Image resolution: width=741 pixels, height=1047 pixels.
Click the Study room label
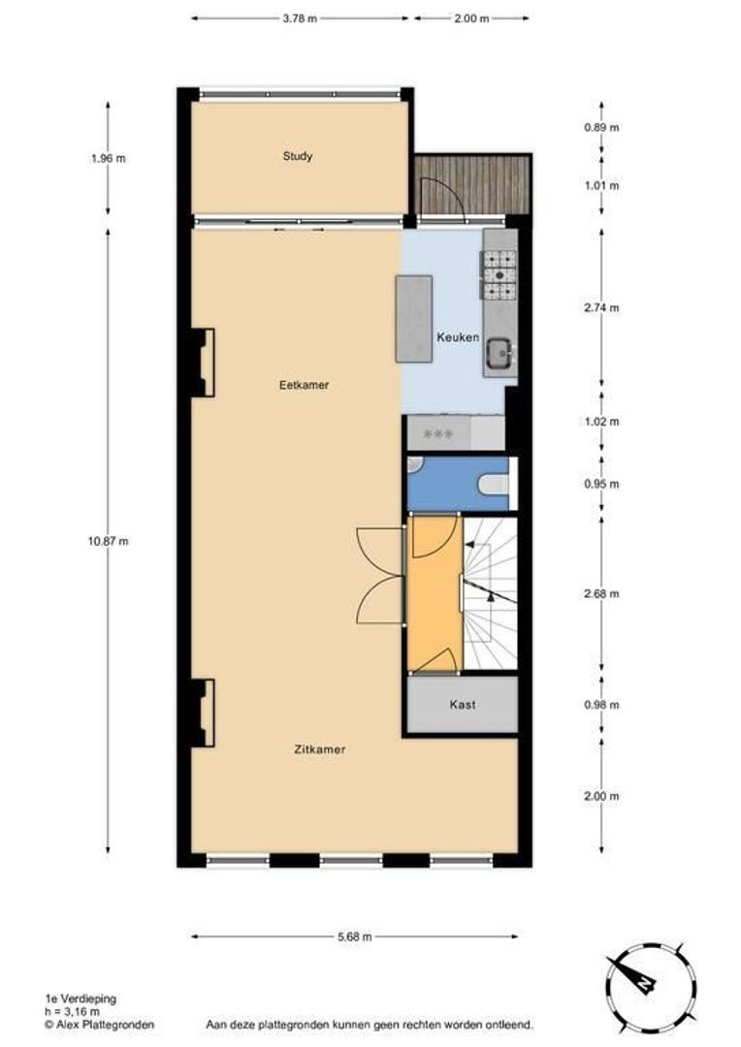(298, 156)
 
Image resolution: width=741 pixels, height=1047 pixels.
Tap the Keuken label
(457, 337)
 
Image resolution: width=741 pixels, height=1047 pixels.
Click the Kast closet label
(462, 705)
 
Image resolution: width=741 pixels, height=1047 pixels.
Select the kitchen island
(413, 318)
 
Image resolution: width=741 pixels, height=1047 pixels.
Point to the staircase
(490, 592)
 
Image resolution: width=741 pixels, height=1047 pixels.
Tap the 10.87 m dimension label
(108, 541)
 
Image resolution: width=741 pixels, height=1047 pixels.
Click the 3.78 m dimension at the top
(299, 18)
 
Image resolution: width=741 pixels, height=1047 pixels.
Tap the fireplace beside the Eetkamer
(203, 362)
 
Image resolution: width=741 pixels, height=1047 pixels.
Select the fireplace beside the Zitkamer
(203, 712)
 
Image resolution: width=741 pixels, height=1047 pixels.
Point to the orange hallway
(433, 591)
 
